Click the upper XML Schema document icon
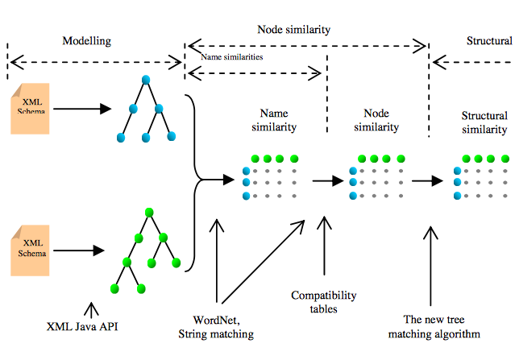[x=31, y=107]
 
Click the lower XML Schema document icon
[x=31, y=249]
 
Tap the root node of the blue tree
[x=146, y=80]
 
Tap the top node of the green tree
[x=149, y=213]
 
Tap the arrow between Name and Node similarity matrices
[x=326, y=181]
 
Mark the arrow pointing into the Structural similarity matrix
[x=428, y=181]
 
